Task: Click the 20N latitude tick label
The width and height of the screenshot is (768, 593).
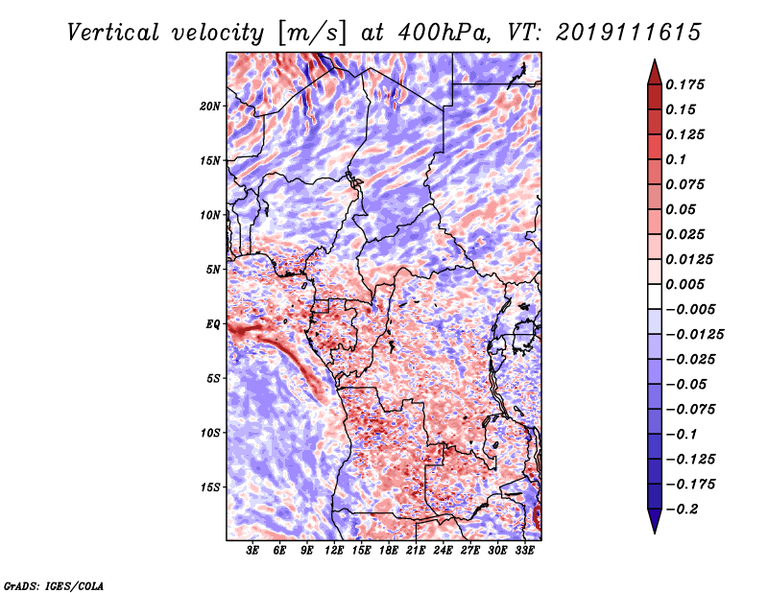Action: tap(210, 107)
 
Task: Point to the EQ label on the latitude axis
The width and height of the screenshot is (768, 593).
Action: tap(213, 324)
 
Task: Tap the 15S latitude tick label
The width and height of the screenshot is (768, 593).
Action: tap(210, 487)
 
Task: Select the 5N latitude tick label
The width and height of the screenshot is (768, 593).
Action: tap(213, 270)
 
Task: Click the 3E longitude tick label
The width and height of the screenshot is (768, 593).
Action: tap(252, 551)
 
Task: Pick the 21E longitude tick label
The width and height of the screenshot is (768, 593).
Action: tap(416, 551)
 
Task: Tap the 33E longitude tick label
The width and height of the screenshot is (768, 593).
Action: tap(524, 551)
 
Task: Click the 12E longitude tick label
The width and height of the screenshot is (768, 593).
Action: tap(334, 551)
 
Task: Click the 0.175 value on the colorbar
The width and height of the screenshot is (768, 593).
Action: tap(684, 84)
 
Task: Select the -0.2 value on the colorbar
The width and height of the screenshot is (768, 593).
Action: tap(682, 510)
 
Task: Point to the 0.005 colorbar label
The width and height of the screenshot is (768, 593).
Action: tap(684, 284)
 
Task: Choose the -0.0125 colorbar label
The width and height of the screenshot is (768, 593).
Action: tap(694, 335)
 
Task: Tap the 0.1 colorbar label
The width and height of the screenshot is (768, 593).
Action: tap(676, 159)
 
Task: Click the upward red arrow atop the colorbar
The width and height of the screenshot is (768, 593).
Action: tap(655, 72)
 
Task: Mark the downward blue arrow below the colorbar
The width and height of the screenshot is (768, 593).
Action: tap(655, 521)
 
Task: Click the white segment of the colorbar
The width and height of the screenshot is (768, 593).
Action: tap(655, 296)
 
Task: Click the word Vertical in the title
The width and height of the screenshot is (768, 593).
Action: tap(113, 33)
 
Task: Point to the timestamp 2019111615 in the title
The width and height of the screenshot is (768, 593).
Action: tap(629, 33)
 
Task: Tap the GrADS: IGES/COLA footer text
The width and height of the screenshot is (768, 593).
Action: tap(54, 585)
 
